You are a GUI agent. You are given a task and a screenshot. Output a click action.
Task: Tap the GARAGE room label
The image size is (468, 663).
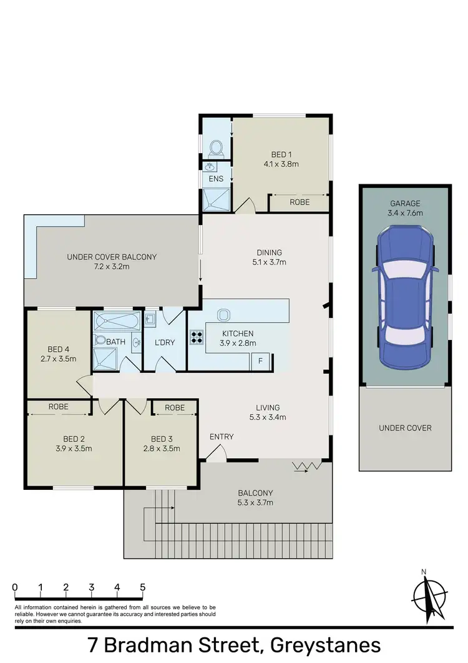pos(406,203)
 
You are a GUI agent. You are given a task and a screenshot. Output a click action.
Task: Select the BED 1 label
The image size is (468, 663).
pos(281,154)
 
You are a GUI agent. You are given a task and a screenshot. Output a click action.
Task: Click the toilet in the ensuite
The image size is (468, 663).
pos(216,147)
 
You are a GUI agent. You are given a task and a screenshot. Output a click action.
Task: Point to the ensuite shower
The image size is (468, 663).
pos(216,199)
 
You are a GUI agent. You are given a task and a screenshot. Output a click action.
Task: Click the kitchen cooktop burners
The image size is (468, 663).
pos(197,337)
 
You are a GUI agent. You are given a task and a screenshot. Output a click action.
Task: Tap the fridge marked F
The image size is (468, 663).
pos(260,360)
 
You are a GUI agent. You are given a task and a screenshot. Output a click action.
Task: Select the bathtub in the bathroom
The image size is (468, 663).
pos(118,322)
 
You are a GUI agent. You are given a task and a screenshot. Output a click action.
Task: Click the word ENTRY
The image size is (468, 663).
pos(222,437)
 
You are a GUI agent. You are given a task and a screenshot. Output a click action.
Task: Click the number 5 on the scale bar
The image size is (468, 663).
pos(143,587)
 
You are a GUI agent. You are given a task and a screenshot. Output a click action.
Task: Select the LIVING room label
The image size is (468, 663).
pos(267,407)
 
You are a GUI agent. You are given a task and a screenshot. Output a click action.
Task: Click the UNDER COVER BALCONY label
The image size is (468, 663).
pos(112,257)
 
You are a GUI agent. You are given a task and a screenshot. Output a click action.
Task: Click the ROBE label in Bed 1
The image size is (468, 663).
pos(299,202)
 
